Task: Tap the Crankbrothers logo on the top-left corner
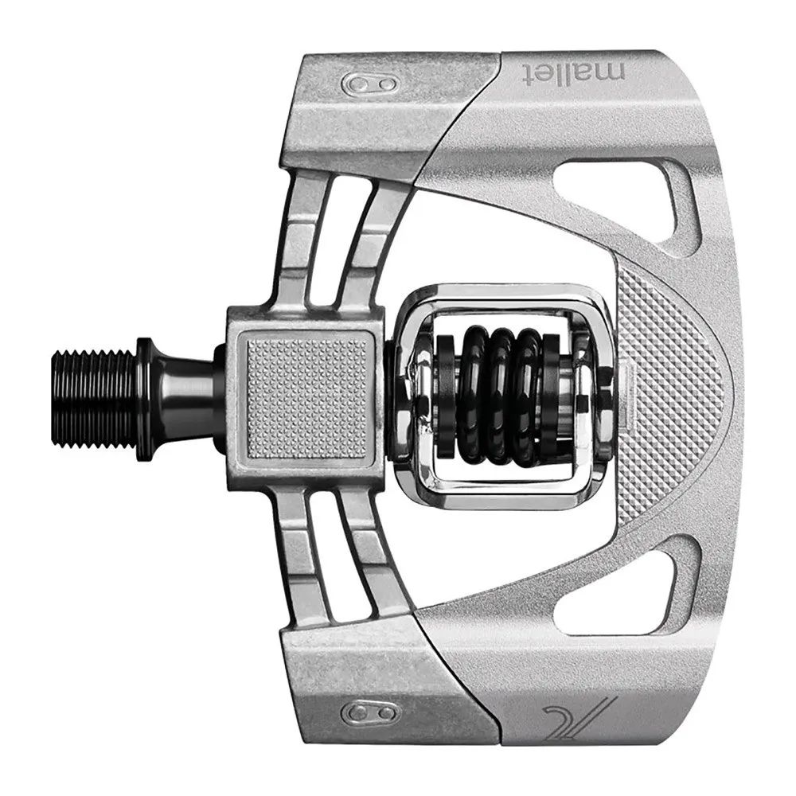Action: [365, 84]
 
